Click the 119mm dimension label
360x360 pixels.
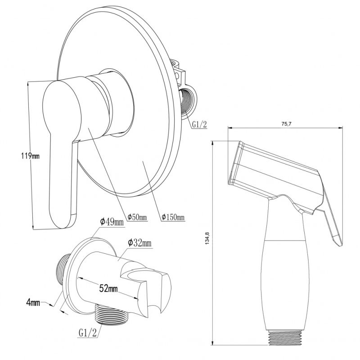[x=30, y=156]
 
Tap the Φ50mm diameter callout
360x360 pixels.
[x=137, y=217]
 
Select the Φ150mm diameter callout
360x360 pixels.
[x=173, y=216]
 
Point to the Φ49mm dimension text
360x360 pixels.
[x=112, y=222]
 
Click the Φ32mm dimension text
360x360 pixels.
[x=140, y=243]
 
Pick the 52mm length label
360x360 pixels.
[x=108, y=288]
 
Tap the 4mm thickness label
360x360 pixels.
[x=33, y=302]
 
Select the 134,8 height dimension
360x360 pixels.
[x=207, y=238]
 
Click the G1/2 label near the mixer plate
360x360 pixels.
[x=199, y=125]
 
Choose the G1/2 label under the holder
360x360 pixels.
[x=88, y=333]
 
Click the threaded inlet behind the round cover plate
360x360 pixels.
[x=187, y=103]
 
